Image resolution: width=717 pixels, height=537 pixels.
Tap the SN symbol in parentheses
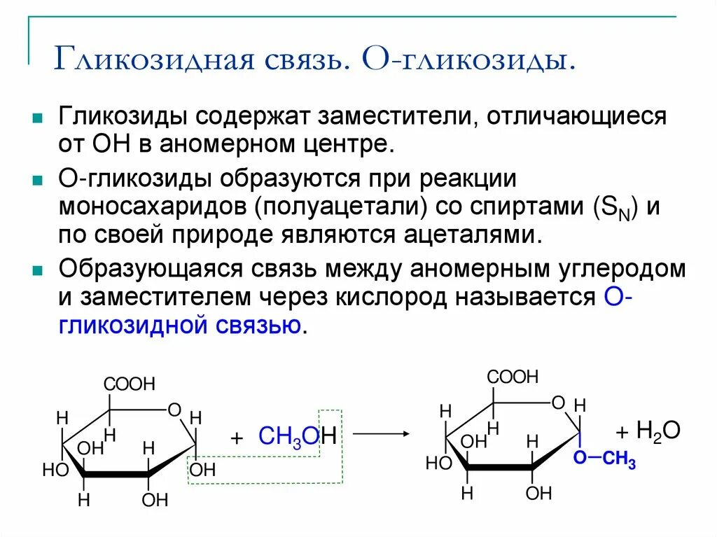pos(616,207)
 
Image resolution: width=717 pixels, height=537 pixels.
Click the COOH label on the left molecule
pos(130,384)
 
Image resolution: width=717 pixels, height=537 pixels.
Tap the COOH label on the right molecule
pos(513,377)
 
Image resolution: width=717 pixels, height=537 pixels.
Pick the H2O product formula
pos(657,430)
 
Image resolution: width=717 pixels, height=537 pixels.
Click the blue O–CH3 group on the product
pos(604,459)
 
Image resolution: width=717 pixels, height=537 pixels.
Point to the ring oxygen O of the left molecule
pos(174,410)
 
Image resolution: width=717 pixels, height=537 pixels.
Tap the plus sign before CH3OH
pos(236,438)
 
